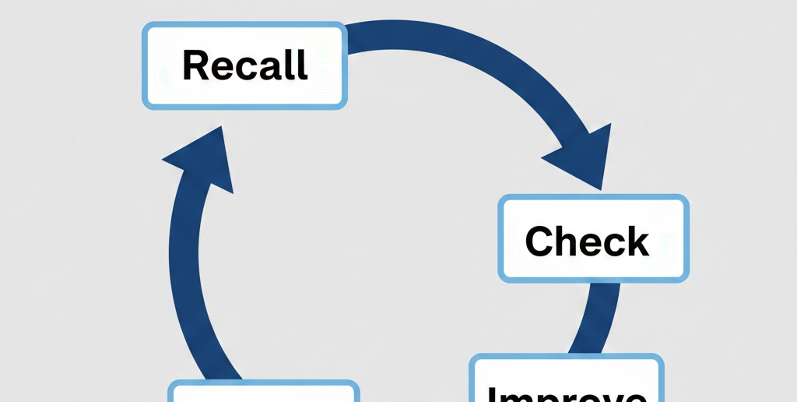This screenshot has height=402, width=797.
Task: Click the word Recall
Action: [x=244, y=65]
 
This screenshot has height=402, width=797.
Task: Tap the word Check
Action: [x=586, y=241]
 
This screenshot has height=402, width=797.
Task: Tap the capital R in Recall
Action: [x=195, y=65]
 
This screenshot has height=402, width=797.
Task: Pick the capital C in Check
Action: [x=541, y=241]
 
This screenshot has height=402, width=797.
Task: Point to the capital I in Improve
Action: [x=493, y=395]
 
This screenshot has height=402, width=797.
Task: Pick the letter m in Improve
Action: [x=515, y=396]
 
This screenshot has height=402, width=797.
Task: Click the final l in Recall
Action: [x=303, y=65]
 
